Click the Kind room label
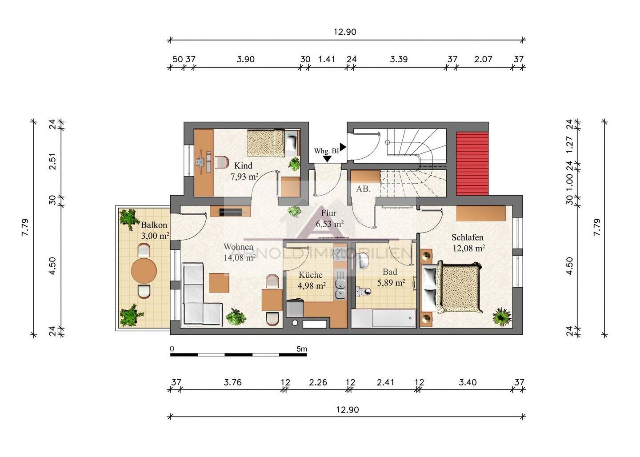pos(243,165)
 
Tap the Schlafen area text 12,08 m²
pos(468,248)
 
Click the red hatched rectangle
pos(472,164)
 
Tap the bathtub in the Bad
pos(383,318)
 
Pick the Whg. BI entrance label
pos(326,151)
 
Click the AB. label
pos(363,189)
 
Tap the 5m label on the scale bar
pos(302,349)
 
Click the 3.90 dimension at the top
pos(245,59)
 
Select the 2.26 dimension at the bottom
pos(318,382)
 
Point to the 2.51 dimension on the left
pos(52,161)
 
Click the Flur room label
pos(328,213)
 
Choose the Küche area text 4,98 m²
pos(312,285)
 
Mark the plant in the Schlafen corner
pos(502,316)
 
